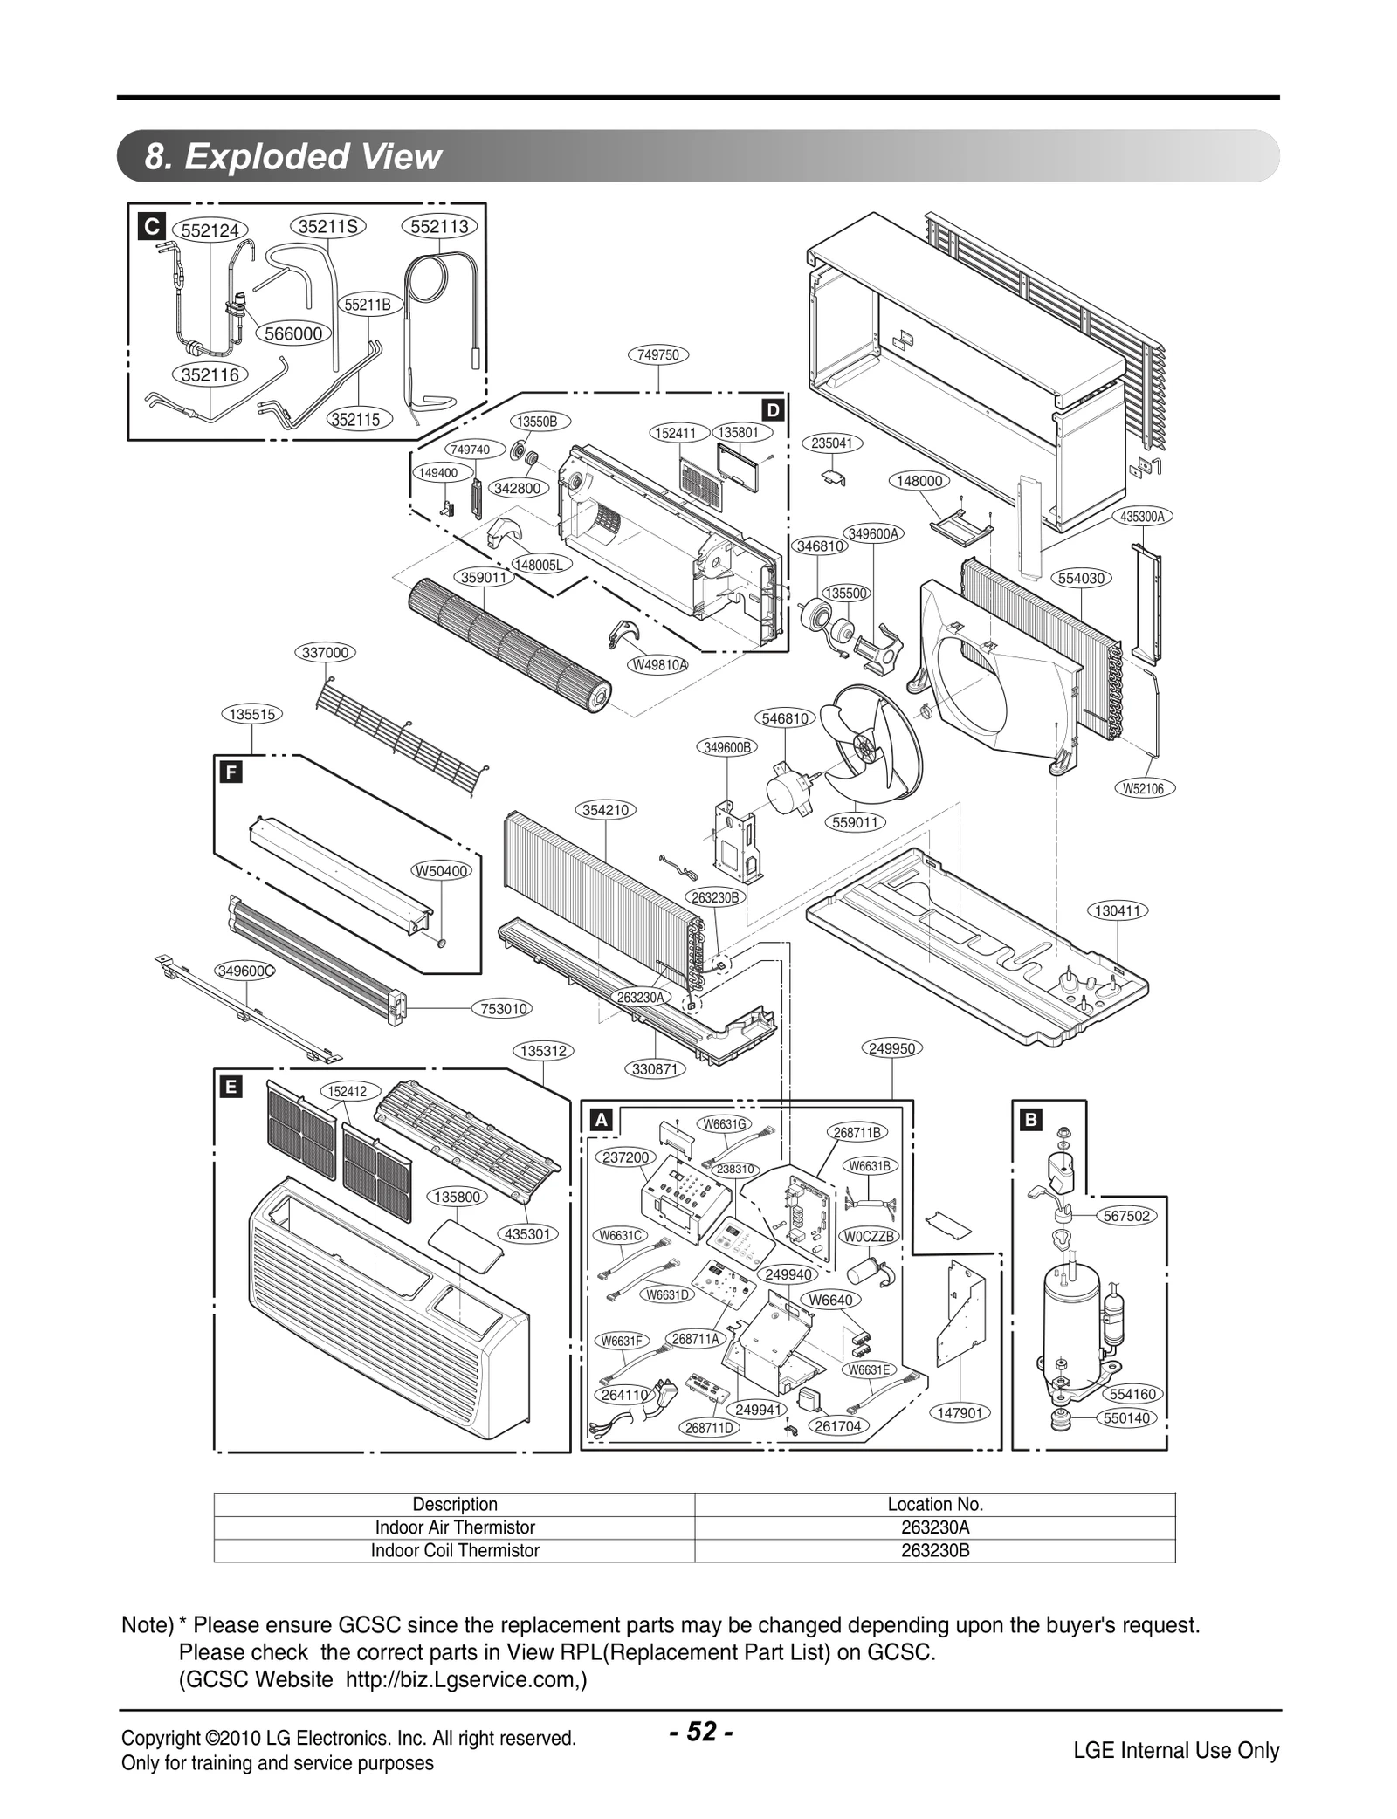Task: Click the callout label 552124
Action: click(x=210, y=230)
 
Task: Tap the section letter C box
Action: click(x=152, y=227)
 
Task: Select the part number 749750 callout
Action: click(x=658, y=354)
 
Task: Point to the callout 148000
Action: click(x=919, y=481)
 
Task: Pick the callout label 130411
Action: click(x=1118, y=910)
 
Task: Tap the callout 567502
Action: click(x=1126, y=1216)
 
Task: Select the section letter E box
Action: click(x=231, y=1087)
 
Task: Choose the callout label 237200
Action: click(x=625, y=1157)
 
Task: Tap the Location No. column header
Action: click(x=934, y=1504)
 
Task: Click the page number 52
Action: click(x=700, y=1732)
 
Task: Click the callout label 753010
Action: click(x=504, y=1009)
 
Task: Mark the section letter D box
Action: click(x=773, y=410)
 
